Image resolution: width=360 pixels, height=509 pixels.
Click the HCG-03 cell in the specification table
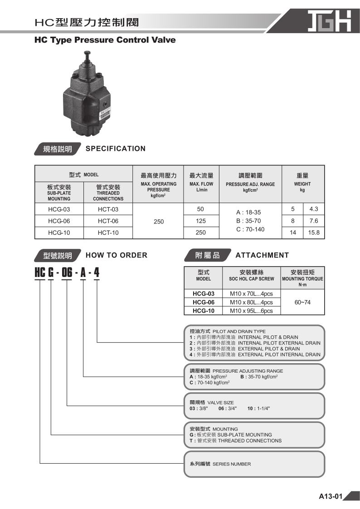tap(59, 209)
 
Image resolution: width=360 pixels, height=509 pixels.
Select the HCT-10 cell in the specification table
tap(108, 233)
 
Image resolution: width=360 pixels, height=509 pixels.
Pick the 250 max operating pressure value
tap(159, 222)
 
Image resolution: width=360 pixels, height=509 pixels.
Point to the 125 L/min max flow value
tap(201, 221)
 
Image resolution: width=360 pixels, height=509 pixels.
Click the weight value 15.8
tap(314, 233)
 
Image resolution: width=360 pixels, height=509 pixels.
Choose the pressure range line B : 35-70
tap(248, 221)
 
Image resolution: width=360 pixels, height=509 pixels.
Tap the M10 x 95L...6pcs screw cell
tap(251, 311)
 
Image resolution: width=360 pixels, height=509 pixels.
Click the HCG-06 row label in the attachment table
tap(204, 302)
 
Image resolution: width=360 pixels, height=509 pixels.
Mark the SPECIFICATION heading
tap(116, 149)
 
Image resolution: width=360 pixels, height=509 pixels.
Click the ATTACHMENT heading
tap(262, 255)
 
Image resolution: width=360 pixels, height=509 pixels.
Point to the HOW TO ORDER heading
tap(117, 255)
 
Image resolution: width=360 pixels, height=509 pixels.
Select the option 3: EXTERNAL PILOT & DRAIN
tap(245, 349)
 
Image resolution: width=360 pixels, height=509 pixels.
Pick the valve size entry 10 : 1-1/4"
tap(258, 408)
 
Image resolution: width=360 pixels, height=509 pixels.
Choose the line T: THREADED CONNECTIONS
tap(236, 441)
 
